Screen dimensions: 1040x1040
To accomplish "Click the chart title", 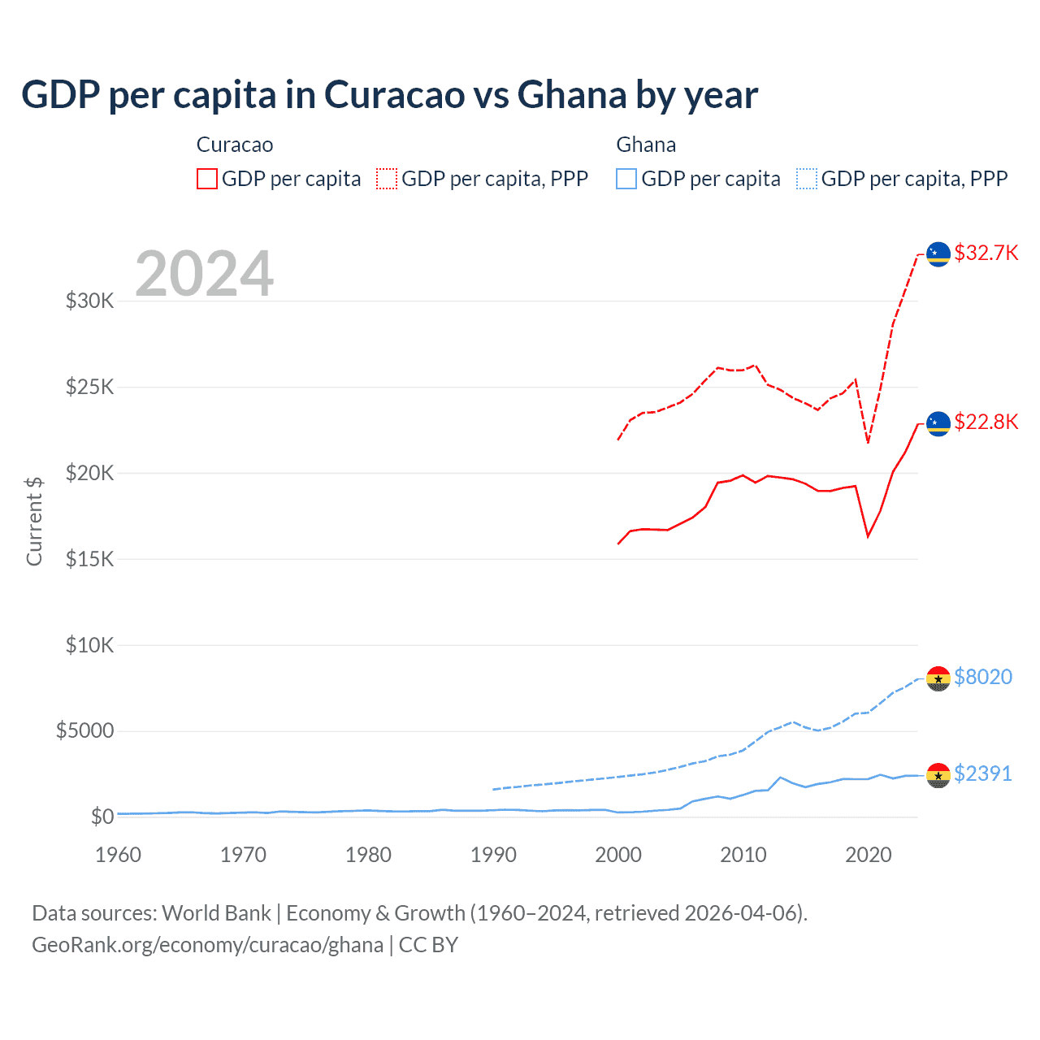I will click(389, 95).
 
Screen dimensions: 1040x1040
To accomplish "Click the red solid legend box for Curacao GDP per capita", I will click(207, 179).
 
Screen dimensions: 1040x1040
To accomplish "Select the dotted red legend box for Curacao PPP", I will click(387, 179).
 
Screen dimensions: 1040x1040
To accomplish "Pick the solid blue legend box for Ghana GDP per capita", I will click(626, 179).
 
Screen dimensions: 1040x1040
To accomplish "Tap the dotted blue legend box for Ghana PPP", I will click(807, 179).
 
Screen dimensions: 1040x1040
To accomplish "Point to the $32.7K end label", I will click(986, 253).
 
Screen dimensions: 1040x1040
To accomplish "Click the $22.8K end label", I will click(986, 422).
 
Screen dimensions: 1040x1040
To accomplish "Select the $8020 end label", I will click(982, 677).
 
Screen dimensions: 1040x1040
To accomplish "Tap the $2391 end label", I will click(982, 773).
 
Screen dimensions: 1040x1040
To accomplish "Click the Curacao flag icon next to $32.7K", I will click(938, 254).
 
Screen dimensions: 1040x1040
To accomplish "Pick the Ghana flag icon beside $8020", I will click(938, 678).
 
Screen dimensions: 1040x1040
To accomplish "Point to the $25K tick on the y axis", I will click(90, 387).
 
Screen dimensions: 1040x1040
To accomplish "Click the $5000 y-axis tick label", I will click(85, 730).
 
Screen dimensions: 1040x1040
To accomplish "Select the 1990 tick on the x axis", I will click(493, 855).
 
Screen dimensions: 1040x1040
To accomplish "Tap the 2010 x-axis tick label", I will click(743, 855).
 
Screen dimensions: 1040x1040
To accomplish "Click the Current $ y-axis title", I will click(34, 521).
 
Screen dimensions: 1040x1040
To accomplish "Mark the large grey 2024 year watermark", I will click(204, 274).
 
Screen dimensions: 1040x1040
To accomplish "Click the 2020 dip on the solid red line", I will click(868, 536).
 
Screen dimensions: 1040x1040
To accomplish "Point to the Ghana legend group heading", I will click(646, 145).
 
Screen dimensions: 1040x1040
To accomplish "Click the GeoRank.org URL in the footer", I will click(207, 945).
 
